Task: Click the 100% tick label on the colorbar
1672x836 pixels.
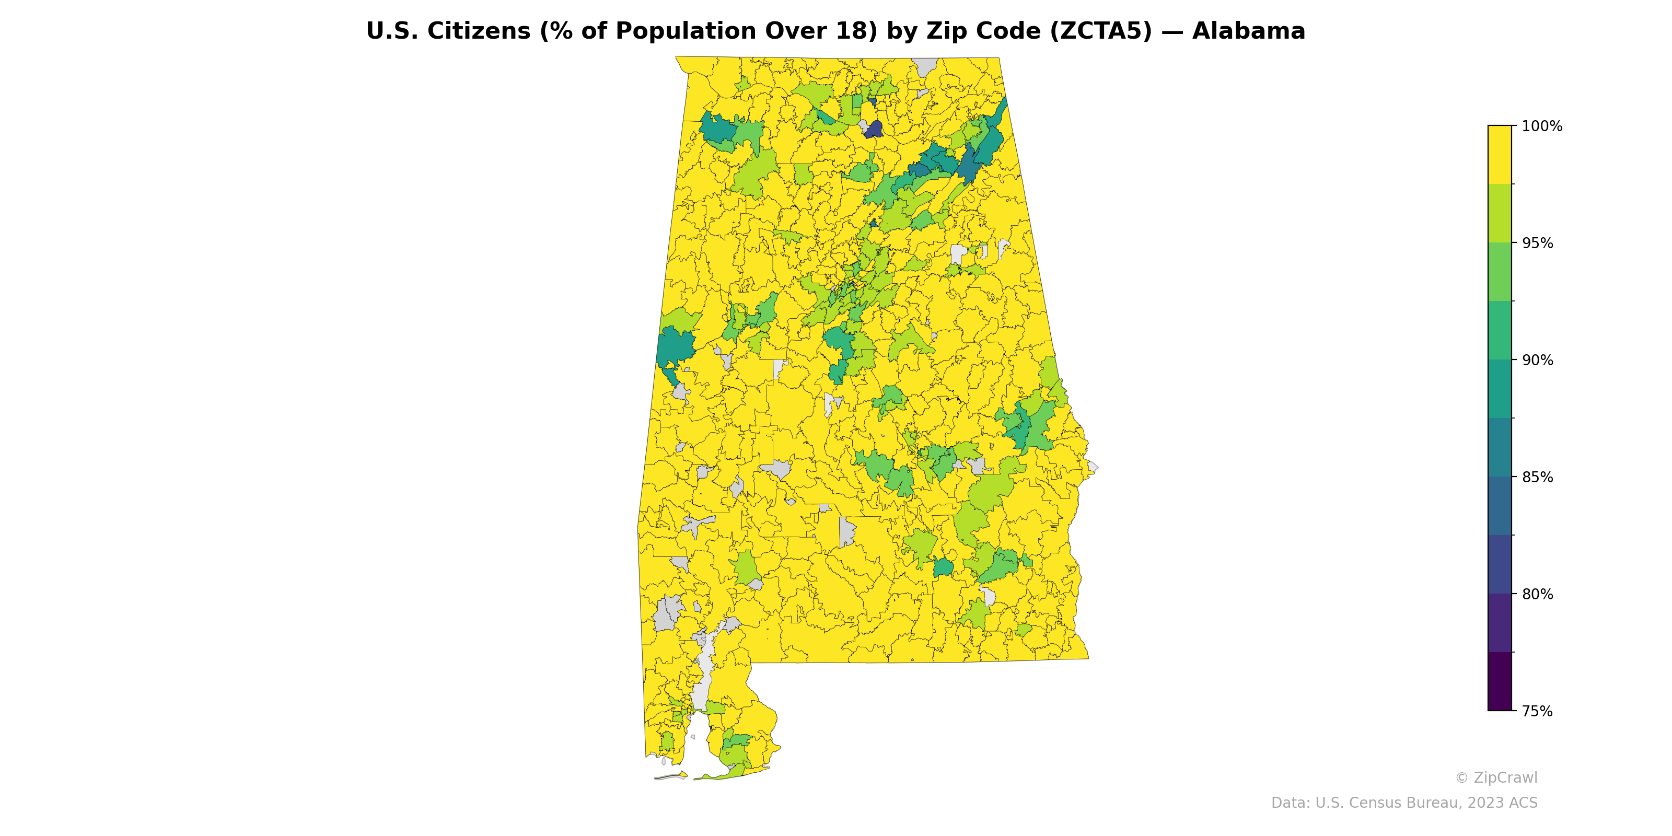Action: (1541, 126)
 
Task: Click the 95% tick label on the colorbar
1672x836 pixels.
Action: (1537, 243)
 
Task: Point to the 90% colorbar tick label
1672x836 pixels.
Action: (1537, 360)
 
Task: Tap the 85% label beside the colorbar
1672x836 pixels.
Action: (1537, 477)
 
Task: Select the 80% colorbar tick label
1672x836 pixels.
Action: (1537, 594)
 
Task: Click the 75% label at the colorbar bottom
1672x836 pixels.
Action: (1537, 711)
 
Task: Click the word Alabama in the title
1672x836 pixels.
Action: (1248, 31)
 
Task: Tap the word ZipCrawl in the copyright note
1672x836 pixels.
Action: (1505, 777)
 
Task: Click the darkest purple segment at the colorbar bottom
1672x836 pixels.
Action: (1500, 681)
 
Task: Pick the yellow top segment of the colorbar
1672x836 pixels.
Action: (1500, 155)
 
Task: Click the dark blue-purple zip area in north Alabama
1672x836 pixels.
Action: (874, 130)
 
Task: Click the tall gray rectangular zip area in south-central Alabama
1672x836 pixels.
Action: (846, 532)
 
